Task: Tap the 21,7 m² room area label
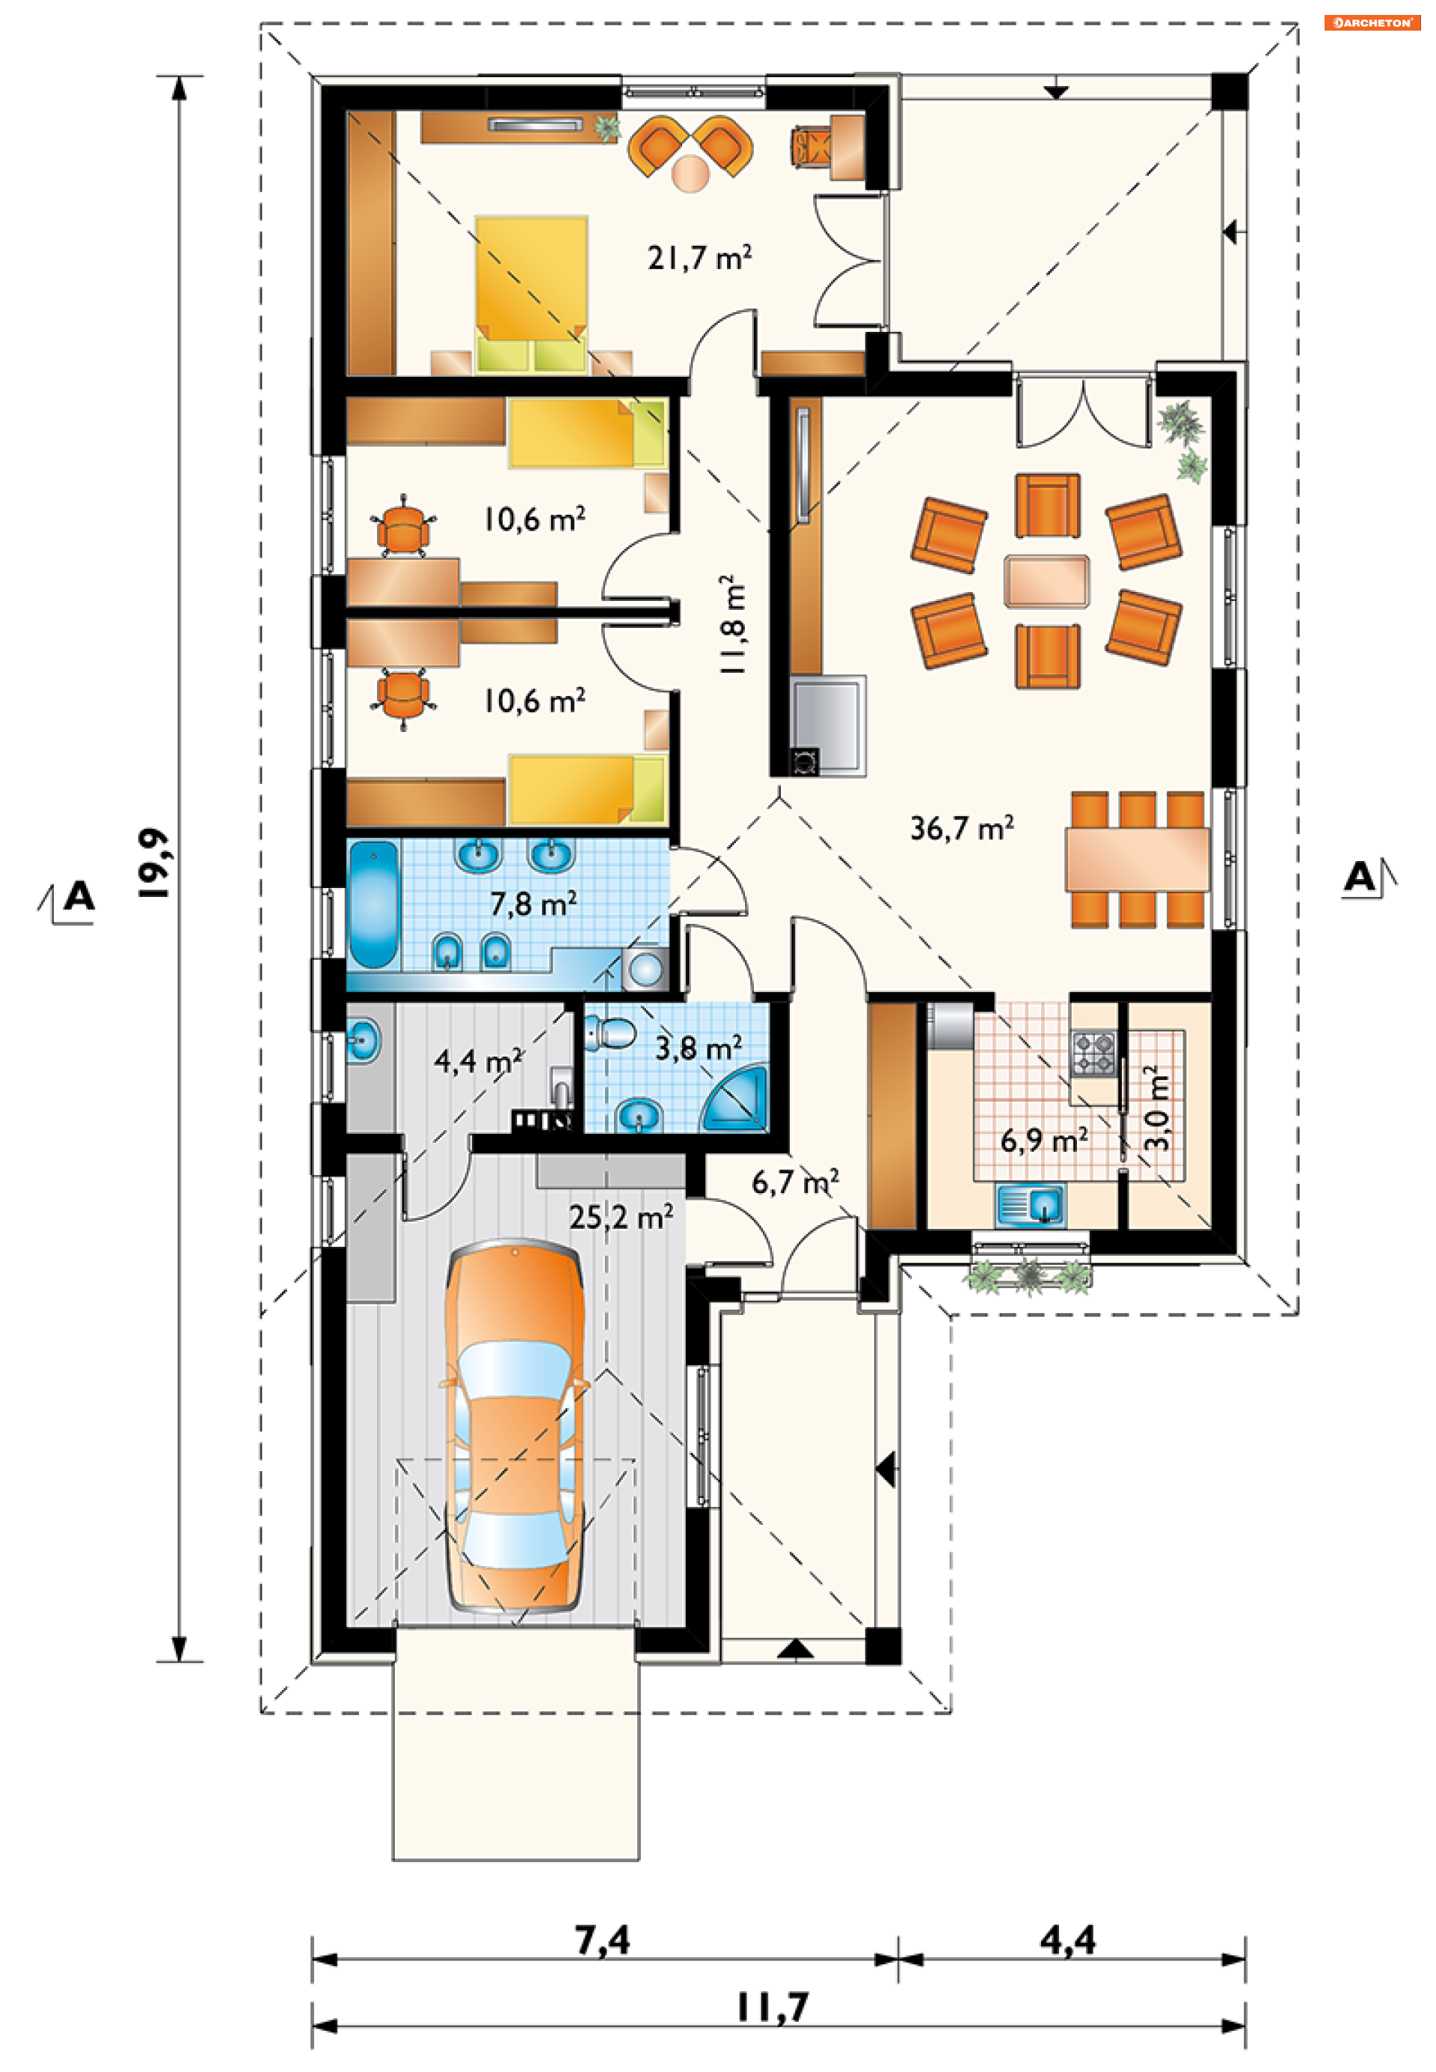pyautogui.click(x=699, y=258)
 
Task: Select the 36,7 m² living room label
pyautogui.click(x=962, y=827)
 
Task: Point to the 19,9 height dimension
pyautogui.click(x=153, y=863)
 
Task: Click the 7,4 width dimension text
pyautogui.click(x=603, y=1939)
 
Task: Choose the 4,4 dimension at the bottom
pyautogui.click(x=1068, y=1939)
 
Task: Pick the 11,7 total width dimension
pyautogui.click(x=773, y=2006)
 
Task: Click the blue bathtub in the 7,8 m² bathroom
pyautogui.click(x=373, y=904)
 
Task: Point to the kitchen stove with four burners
pyautogui.click(x=1093, y=1053)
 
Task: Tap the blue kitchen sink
pyautogui.click(x=1031, y=1205)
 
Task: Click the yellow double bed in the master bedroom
pyautogui.click(x=531, y=293)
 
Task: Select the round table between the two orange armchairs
pyautogui.click(x=690, y=173)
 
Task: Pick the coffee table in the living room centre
pyautogui.click(x=1046, y=581)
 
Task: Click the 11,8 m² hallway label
pyautogui.click(x=732, y=624)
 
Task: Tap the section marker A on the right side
pyautogui.click(x=1360, y=877)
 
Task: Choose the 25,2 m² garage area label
pyautogui.click(x=621, y=1218)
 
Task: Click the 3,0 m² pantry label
pyautogui.click(x=1157, y=1108)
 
